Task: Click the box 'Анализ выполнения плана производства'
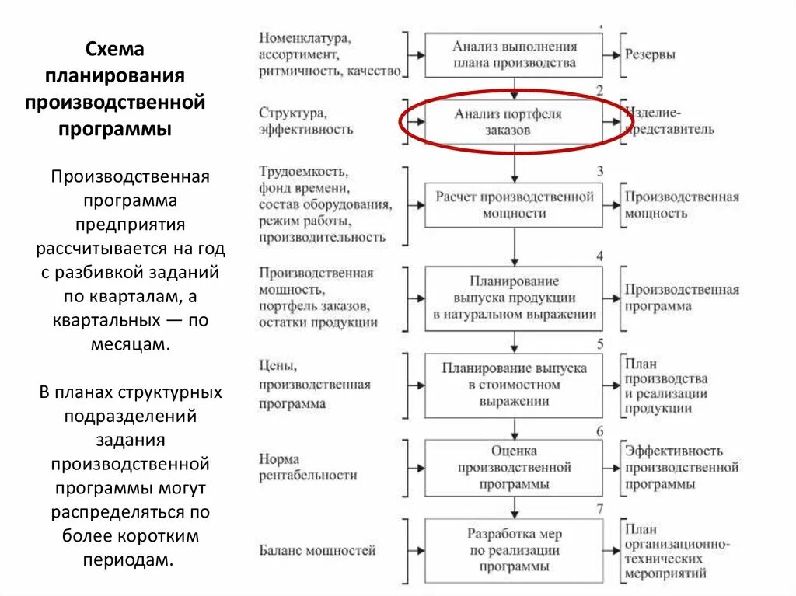click(514, 55)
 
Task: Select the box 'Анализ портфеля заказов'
click(514, 122)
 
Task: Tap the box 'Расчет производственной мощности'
click(514, 204)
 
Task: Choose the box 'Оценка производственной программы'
click(514, 467)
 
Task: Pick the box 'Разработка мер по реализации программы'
click(514, 550)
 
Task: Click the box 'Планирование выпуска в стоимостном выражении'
click(514, 385)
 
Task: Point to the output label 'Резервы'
click(651, 55)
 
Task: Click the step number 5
click(599, 343)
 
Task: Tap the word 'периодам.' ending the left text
click(131, 559)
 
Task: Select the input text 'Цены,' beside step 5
click(278, 364)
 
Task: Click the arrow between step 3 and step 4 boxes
click(514, 247)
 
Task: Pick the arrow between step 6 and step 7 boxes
click(514, 507)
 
